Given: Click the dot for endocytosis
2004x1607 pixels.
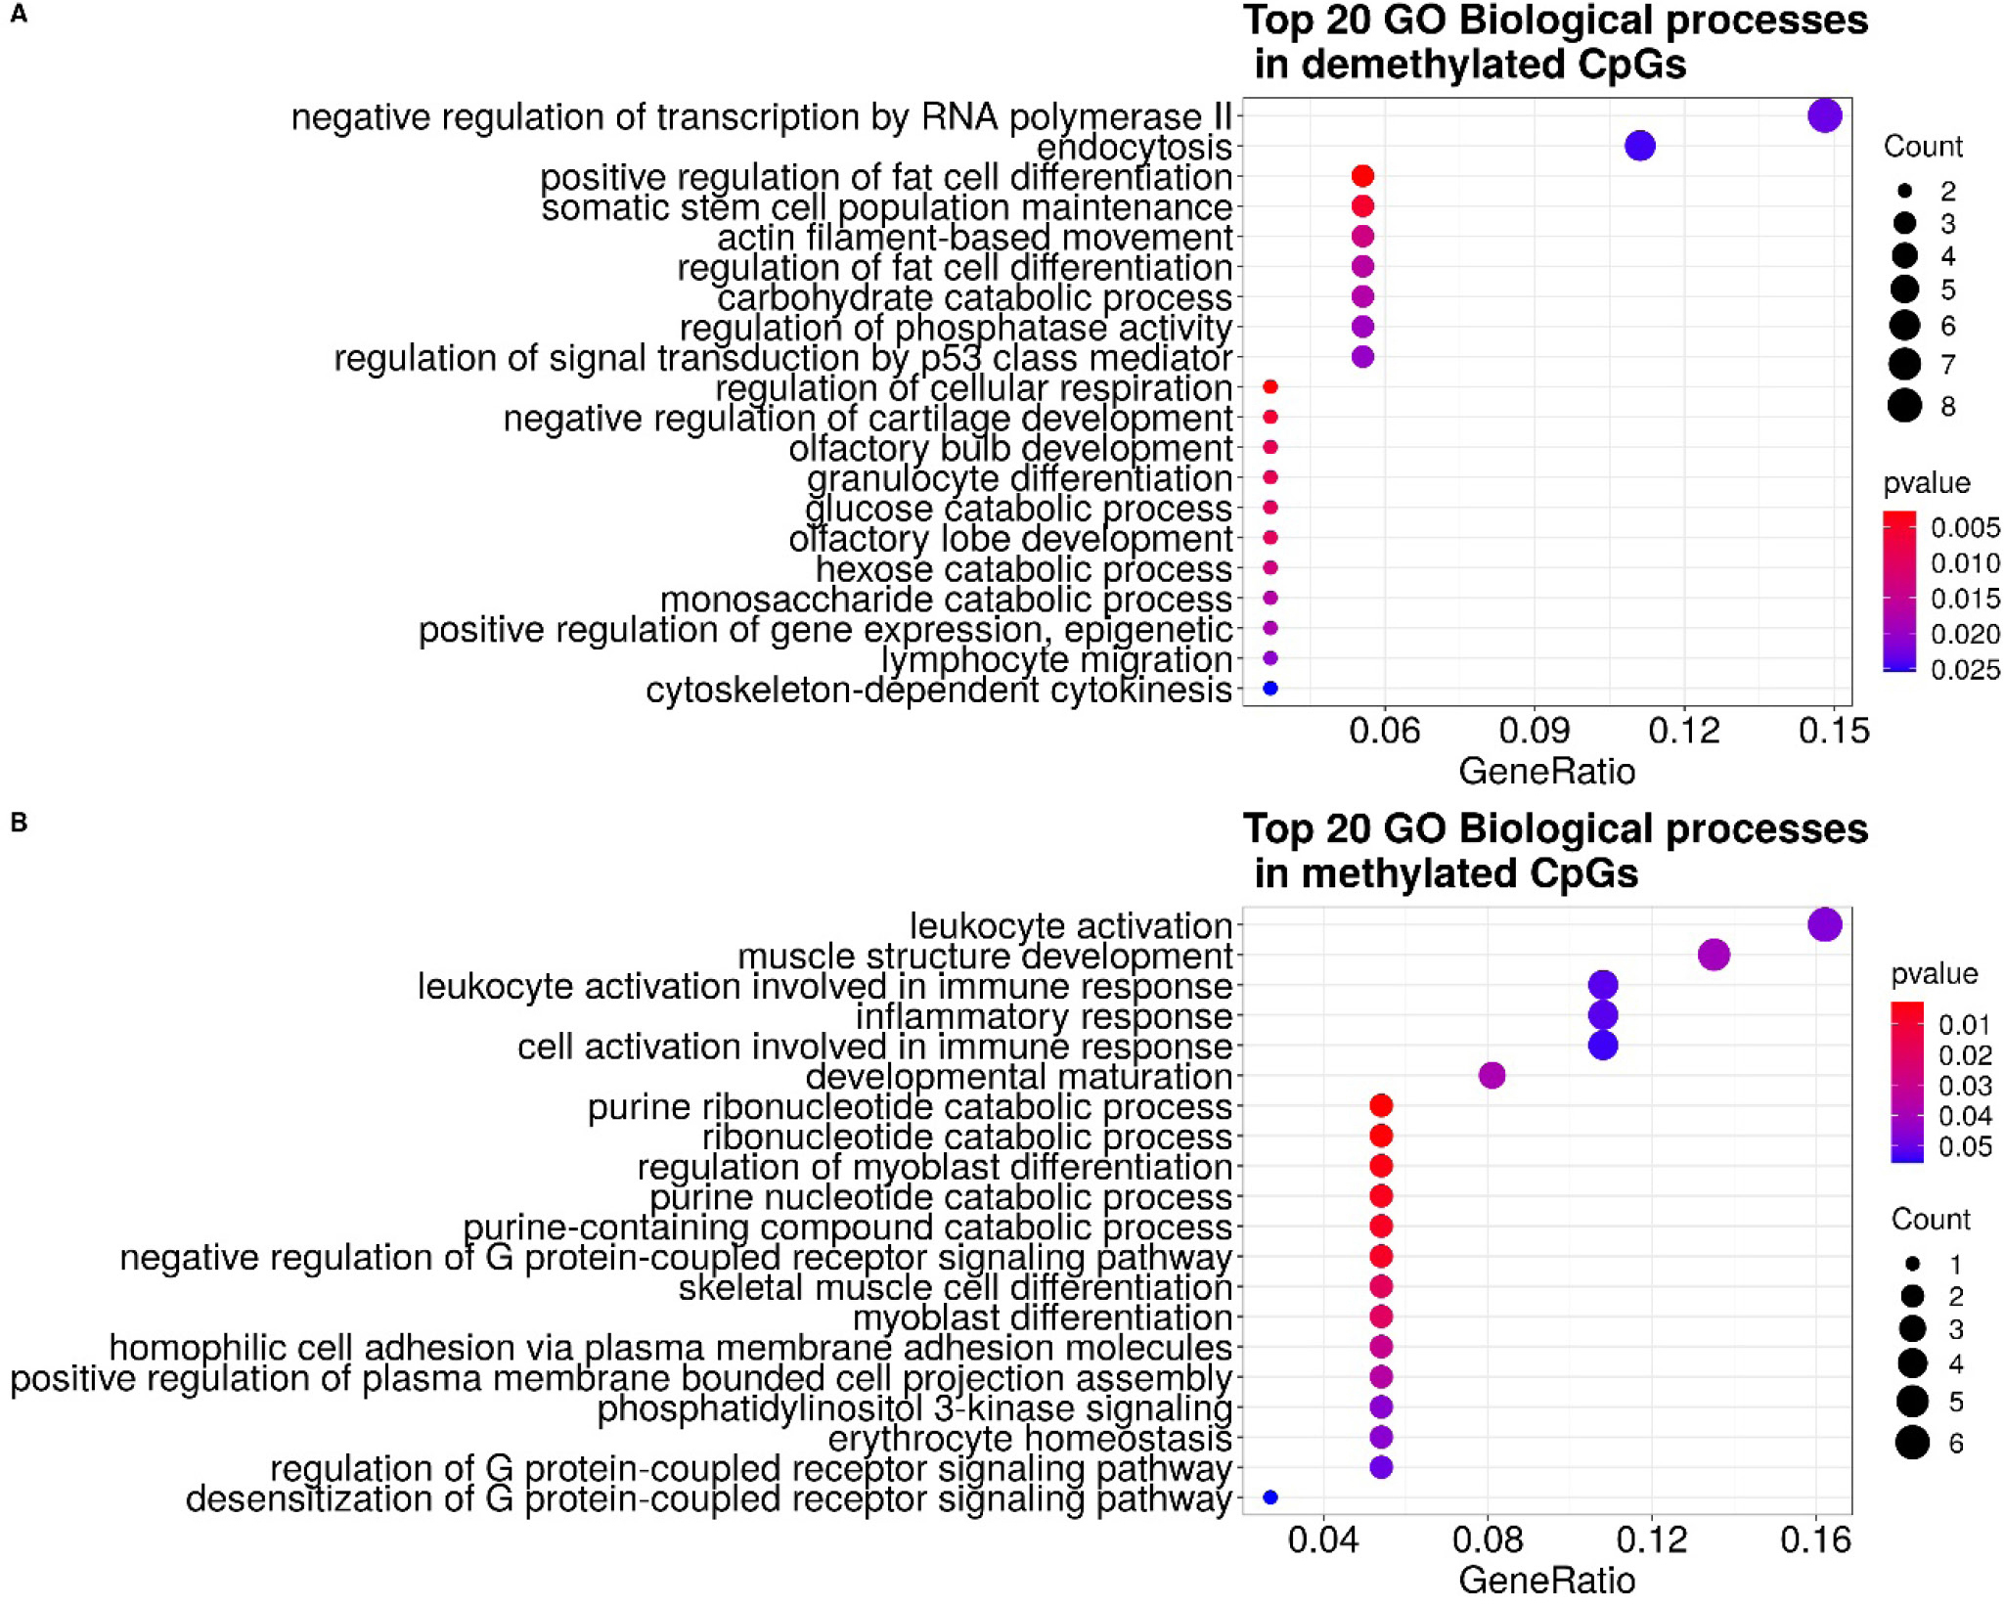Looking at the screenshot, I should point(1639,146).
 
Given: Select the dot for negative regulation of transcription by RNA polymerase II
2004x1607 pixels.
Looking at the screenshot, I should point(1824,115).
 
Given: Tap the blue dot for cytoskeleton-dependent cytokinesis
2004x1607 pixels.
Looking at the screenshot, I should point(1269,689).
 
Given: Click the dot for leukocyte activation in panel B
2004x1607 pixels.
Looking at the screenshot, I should point(1824,924).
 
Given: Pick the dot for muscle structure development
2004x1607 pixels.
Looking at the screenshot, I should point(1714,955).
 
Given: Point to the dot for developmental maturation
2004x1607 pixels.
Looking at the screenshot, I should point(1492,1076).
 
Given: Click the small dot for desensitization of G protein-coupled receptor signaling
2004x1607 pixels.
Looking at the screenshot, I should point(1269,1497).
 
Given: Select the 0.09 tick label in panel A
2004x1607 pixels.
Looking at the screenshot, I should point(1534,732).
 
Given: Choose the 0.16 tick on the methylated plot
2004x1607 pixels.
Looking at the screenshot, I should point(1815,1540).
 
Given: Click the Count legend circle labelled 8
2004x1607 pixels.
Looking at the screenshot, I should point(1904,405).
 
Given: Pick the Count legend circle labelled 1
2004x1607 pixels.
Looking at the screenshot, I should point(1912,1264).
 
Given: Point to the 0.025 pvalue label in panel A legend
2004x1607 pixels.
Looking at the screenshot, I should point(1965,670).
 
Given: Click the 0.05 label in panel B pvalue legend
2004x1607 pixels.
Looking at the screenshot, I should point(1965,1146).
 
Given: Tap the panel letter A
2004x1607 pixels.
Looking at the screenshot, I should point(19,15).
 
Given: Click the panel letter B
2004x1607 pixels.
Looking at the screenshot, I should point(19,823).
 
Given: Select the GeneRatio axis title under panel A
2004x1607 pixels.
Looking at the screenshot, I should point(1546,772).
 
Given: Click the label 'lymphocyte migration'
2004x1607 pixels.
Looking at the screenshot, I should point(1055,660).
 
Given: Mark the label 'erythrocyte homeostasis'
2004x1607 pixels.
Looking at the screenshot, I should point(1029,1439).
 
